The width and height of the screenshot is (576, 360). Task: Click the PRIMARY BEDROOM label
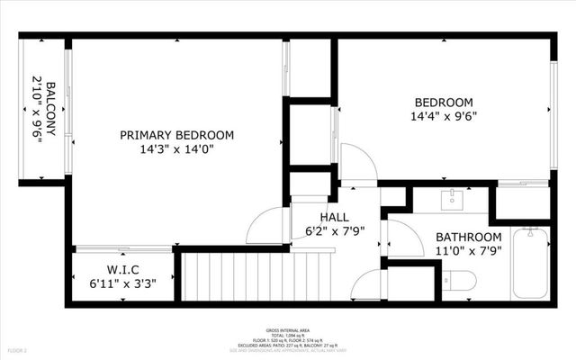coord(176,135)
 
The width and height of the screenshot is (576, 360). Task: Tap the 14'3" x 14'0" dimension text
coord(176,149)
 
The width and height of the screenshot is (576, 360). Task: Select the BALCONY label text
coord(50,109)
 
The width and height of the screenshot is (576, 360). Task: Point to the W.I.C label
coord(122,268)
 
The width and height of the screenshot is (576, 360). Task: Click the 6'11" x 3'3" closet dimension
coord(122,283)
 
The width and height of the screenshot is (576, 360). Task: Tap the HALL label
coord(334,217)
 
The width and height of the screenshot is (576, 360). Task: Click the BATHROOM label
coord(468,237)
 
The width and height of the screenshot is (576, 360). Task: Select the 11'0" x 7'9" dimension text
coord(468,251)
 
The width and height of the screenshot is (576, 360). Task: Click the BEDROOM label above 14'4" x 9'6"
coord(442,102)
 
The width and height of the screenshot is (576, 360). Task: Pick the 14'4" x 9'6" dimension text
coord(442,116)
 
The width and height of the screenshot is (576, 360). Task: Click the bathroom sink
coord(451,199)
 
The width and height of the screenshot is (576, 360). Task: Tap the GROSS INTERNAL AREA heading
coord(288,330)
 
